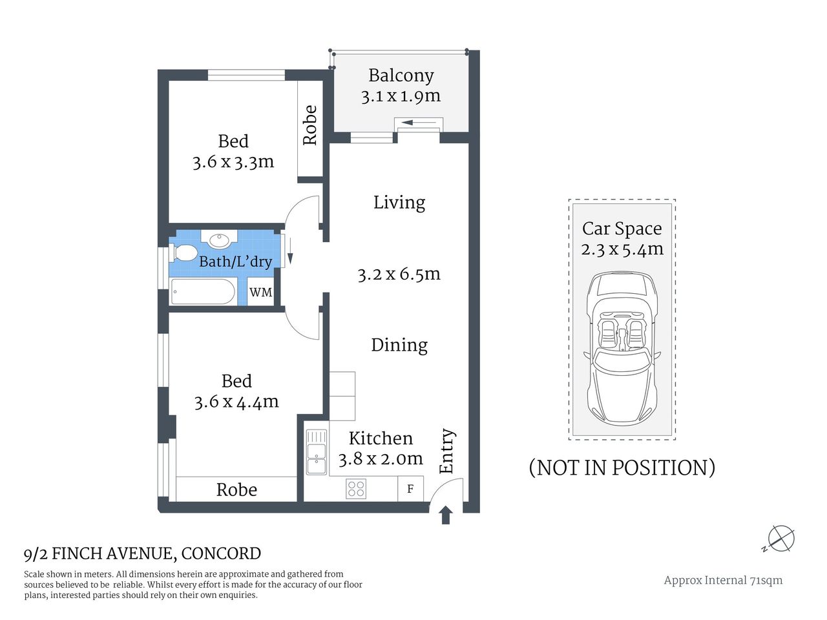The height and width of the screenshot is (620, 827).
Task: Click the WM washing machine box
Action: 261,293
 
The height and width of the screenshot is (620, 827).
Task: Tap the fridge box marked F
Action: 410,489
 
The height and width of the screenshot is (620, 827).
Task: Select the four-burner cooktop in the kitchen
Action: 356,488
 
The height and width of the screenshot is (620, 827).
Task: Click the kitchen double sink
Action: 317,452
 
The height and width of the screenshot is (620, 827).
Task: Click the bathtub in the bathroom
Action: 203,292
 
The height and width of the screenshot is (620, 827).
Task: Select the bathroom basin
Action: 220,240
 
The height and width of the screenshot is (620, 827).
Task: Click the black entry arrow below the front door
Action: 445,515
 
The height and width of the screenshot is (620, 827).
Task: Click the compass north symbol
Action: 781,539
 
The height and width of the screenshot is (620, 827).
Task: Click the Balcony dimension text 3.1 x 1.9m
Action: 401,96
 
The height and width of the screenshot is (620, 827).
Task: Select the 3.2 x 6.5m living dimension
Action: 399,274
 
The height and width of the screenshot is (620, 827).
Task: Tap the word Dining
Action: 399,345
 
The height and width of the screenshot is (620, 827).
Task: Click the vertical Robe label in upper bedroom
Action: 310,125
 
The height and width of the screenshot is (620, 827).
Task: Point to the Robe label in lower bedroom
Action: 236,490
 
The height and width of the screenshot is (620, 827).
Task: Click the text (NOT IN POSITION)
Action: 622,467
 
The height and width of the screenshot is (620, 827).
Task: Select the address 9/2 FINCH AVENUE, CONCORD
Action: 142,553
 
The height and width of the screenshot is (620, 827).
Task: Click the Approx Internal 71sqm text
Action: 723,580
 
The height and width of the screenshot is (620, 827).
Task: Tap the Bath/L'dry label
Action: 235,262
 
